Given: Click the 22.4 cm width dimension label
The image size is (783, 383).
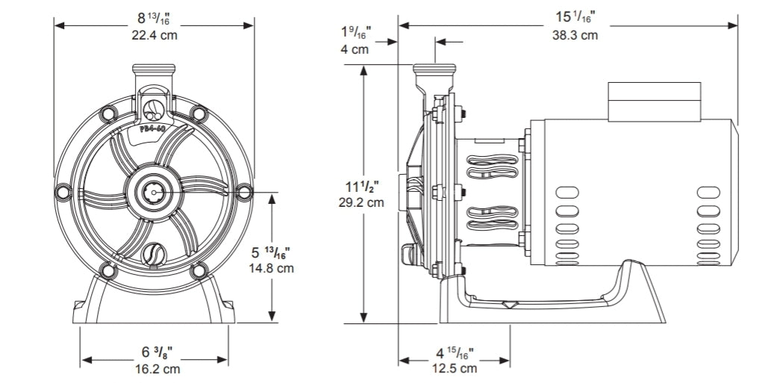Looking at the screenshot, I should click(155, 34).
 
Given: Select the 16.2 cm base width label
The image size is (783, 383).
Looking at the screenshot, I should click(156, 368).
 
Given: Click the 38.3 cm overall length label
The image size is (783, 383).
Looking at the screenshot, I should click(575, 34).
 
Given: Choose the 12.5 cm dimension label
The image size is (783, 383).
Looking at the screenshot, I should click(454, 368).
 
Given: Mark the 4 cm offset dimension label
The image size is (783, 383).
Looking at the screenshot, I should click(355, 49).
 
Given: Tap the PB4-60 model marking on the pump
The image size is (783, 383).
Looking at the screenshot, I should click(154, 128).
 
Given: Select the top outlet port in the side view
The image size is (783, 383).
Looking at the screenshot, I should click(434, 76).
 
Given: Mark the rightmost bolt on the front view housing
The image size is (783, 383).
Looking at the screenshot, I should click(243, 192).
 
